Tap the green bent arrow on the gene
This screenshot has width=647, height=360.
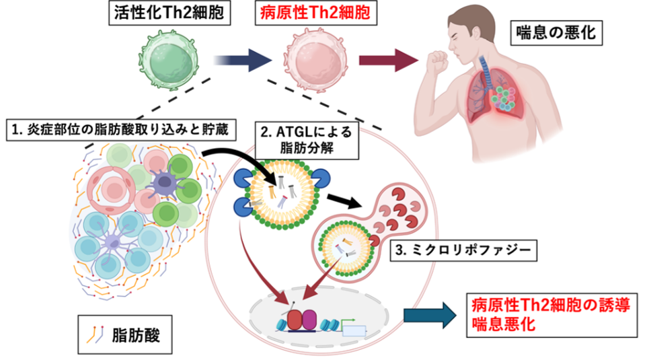click(x=349, y=322)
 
